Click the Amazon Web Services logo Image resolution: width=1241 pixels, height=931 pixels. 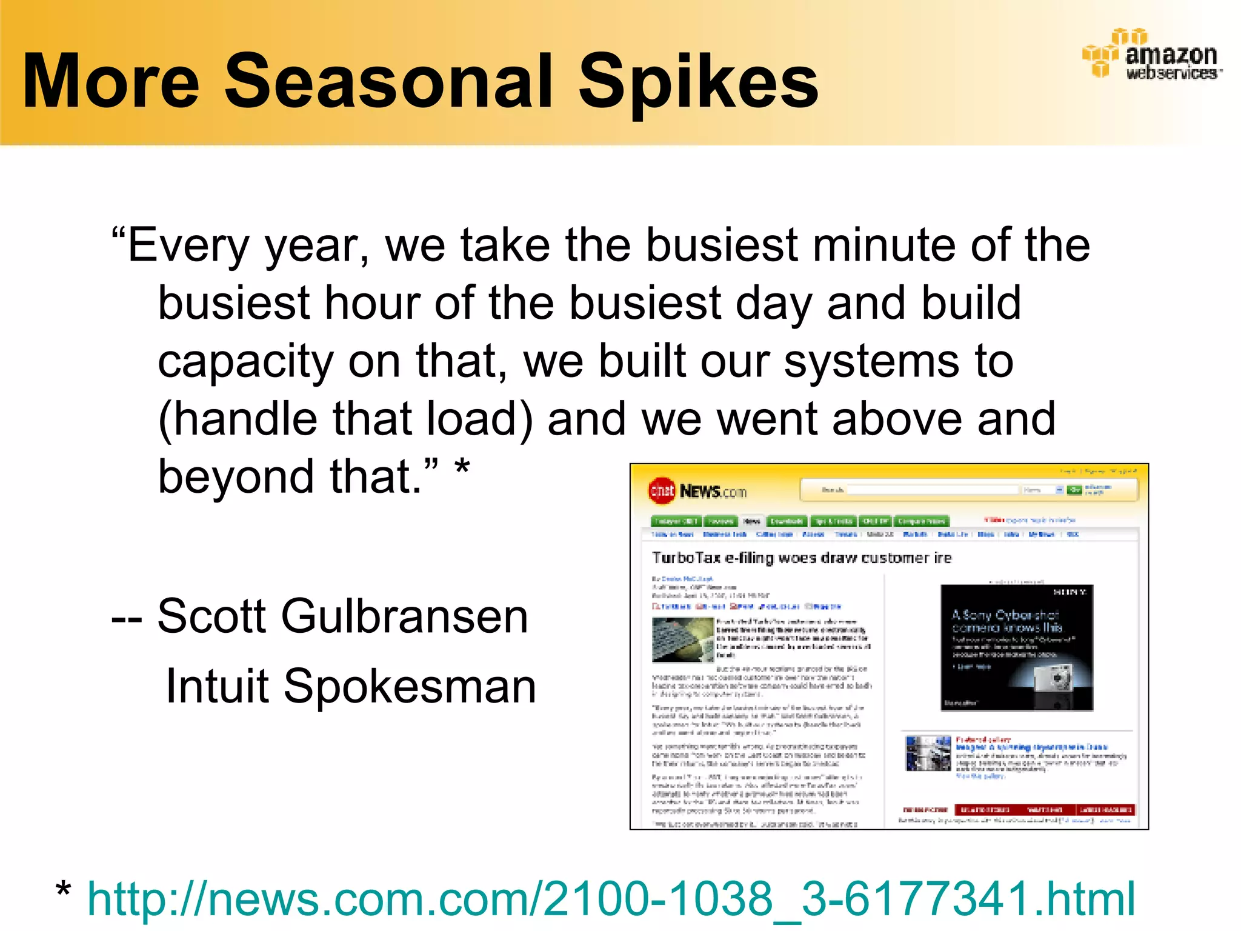click(1151, 55)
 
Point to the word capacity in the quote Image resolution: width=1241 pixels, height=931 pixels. click(245, 362)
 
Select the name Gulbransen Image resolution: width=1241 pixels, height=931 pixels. click(404, 616)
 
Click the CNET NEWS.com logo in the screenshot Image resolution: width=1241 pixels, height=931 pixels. click(697, 491)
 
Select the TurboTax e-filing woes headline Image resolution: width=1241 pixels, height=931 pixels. click(801, 558)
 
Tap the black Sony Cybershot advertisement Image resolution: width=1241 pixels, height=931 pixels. click(1016, 647)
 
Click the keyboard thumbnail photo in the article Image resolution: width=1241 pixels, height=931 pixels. click(682, 639)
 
